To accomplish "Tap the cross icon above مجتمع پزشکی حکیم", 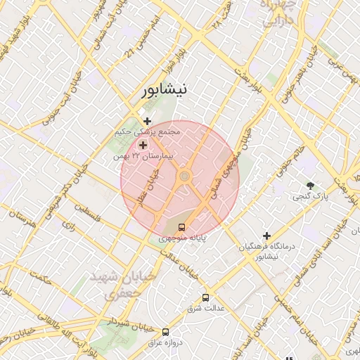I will click(x=147, y=121).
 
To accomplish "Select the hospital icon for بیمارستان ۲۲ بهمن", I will click(x=143, y=145).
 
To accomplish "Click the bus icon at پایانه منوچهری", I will click(x=182, y=227).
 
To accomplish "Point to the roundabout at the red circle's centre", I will click(x=185, y=176).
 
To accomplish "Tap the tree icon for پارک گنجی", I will click(x=310, y=186).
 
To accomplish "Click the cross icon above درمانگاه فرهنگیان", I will click(x=266, y=236).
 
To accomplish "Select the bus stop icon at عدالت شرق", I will click(x=205, y=297).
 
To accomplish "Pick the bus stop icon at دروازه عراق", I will click(x=166, y=331).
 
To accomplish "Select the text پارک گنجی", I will click(x=309, y=198).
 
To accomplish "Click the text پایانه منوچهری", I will click(x=182, y=239).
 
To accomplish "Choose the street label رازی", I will click(x=69, y=226).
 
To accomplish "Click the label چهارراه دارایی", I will click(x=281, y=14).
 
